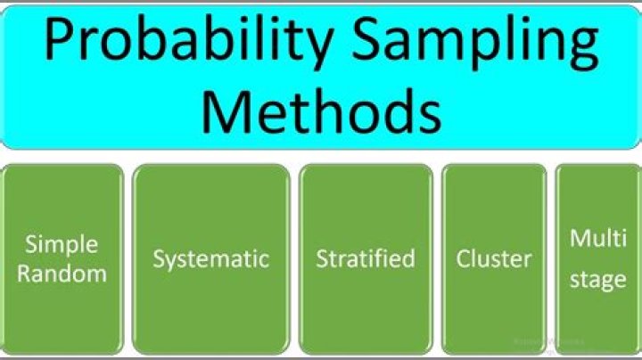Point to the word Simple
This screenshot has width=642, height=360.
(62, 245)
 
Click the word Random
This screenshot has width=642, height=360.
(62, 274)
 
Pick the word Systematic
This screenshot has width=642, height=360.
(210, 259)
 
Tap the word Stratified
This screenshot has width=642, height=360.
(366, 259)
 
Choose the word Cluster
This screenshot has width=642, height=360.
(494, 259)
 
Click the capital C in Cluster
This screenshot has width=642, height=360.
(464, 259)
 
